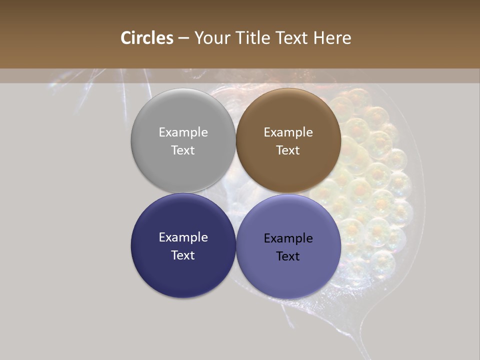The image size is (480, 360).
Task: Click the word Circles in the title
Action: tap(147, 38)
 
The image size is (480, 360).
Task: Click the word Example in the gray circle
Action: tap(183, 132)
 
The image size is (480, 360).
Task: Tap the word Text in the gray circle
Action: tap(183, 150)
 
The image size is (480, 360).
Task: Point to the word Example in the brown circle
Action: tap(288, 132)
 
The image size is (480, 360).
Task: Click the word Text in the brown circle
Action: tap(288, 150)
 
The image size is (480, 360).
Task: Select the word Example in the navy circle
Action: tap(183, 237)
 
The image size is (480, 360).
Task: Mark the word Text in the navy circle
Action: tap(183, 255)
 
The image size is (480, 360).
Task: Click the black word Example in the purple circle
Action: tap(288, 238)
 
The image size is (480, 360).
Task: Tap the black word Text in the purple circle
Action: tap(288, 256)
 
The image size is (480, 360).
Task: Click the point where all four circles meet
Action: tap(236, 193)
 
